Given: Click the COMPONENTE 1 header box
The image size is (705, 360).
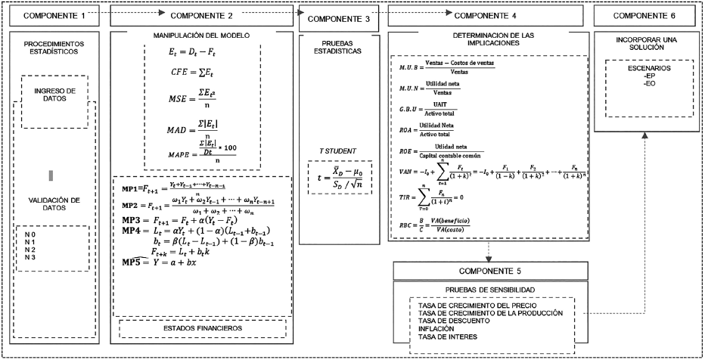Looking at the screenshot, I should [x=51, y=15].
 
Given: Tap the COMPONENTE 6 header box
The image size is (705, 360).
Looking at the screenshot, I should [x=647, y=15].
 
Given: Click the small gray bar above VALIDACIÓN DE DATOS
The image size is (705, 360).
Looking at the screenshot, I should [x=51, y=175].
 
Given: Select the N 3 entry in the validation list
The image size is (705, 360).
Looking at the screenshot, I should [x=30, y=258].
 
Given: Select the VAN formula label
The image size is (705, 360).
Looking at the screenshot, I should [x=408, y=172].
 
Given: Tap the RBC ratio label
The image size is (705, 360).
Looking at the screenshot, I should [x=407, y=225].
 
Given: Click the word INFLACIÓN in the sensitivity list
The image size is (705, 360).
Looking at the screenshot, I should [x=439, y=329].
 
